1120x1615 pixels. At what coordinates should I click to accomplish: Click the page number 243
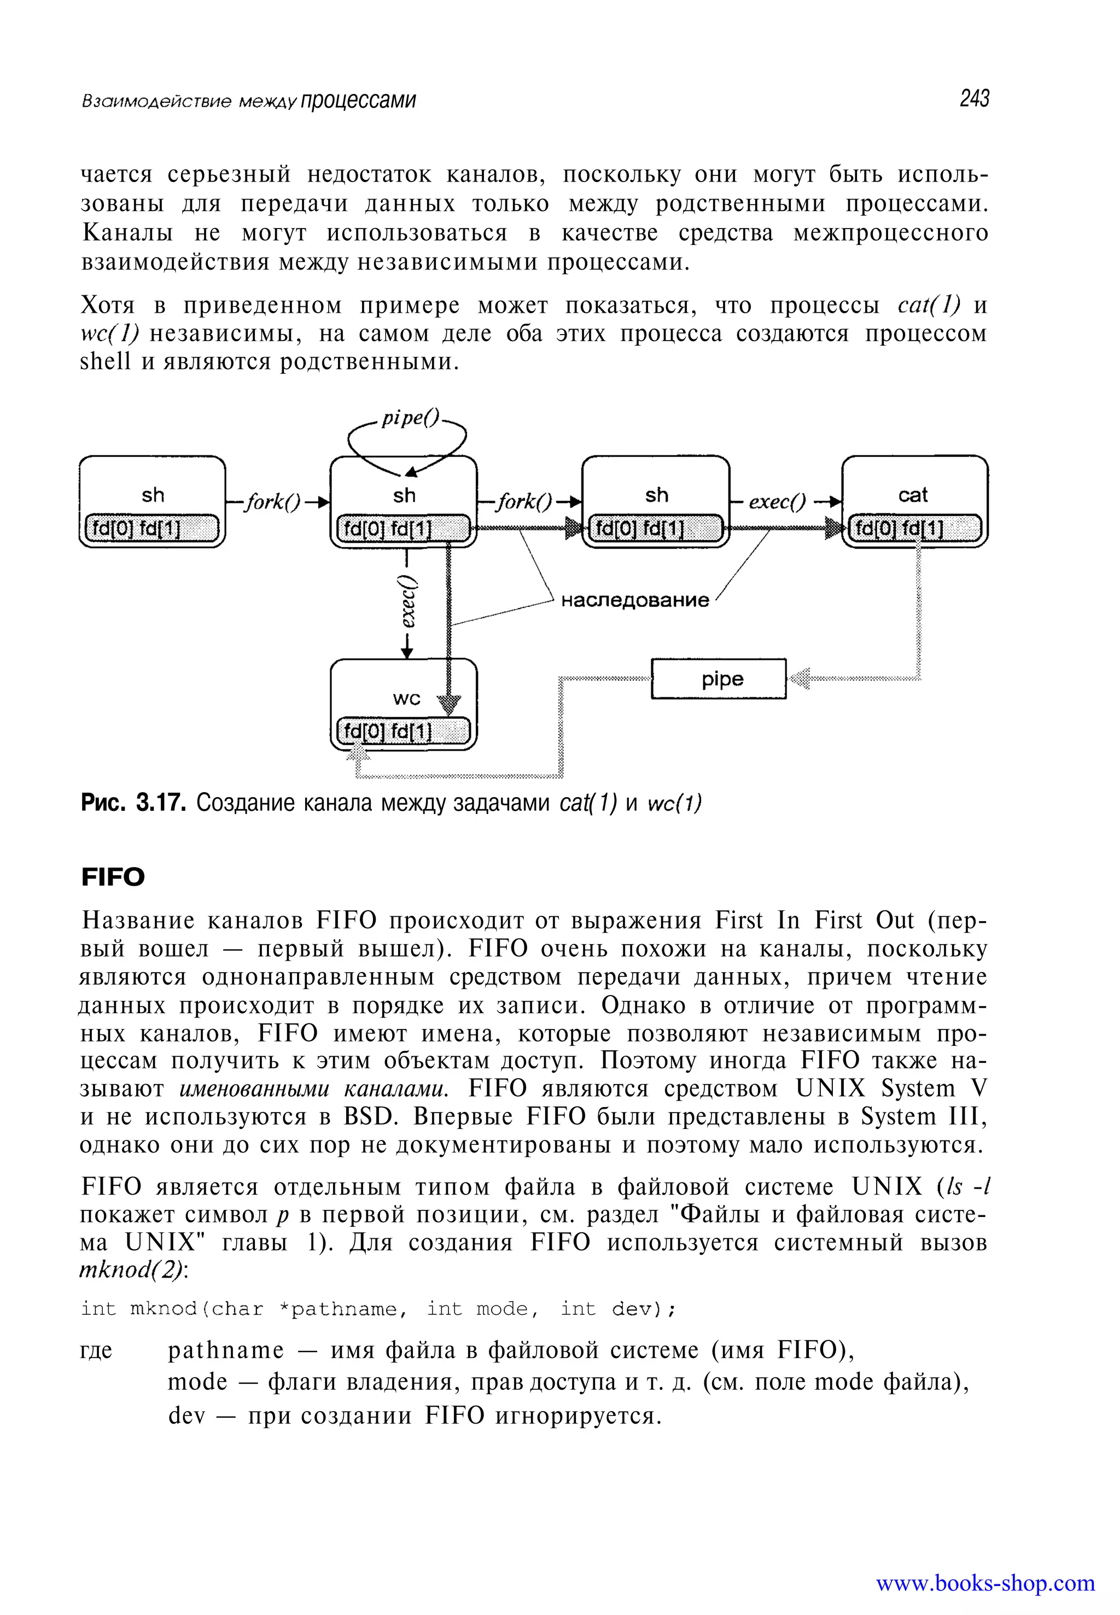tap(974, 98)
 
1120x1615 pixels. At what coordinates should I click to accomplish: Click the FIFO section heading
tap(113, 877)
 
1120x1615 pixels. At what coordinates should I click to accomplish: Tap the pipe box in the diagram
tap(719, 678)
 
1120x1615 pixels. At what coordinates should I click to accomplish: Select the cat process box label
tap(912, 495)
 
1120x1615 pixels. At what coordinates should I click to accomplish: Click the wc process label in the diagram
tap(406, 698)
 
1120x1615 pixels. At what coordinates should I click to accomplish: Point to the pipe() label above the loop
tap(410, 418)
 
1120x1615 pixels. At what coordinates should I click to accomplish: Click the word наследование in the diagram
tap(634, 600)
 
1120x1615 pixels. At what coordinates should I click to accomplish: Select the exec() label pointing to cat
tap(777, 502)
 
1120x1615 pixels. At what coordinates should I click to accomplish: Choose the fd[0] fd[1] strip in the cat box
tap(915, 528)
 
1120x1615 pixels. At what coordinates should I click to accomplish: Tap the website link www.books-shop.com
tap(984, 1583)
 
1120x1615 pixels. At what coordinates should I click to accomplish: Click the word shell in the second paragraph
tap(105, 361)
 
